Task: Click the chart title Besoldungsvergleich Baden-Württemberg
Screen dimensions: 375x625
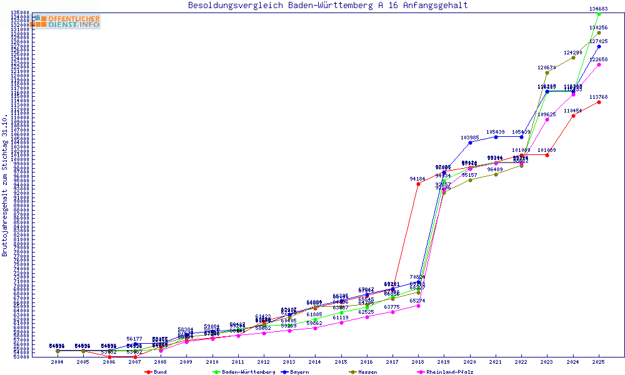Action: tap(327, 6)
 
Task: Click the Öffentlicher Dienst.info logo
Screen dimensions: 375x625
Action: tap(65, 21)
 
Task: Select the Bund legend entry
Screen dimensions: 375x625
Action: tap(156, 372)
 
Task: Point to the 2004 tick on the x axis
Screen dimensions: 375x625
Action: tap(57, 362)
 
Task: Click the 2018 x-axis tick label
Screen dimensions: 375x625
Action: tap(418, 362)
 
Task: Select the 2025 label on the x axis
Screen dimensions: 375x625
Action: tap(599, 362)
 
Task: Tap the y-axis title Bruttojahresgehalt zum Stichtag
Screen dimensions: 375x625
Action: tap(5, 186)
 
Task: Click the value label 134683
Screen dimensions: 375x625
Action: tap(599, 9)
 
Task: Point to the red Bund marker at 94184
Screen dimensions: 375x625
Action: tap(418, 184)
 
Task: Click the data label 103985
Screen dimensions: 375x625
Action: tap(469, 137)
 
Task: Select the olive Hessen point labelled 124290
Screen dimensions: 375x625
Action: tap(573, 57)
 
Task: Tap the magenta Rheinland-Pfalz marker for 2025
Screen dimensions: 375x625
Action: tap(599, 64)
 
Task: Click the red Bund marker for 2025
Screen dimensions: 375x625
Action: tap(599, 102)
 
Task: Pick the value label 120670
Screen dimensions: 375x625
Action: tap(547, 67)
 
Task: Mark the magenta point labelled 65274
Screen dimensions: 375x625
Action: tap(418, 306)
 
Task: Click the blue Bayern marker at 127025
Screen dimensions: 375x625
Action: tap(599, 46)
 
